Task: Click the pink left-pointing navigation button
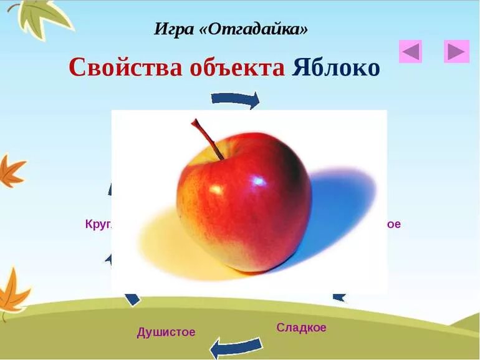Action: point(410,51)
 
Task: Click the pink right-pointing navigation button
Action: point(456,51)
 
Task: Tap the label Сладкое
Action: point(301,328)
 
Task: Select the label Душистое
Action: point(166,332)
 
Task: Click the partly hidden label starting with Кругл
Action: point(98,223)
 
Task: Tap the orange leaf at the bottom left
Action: point(12,293)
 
